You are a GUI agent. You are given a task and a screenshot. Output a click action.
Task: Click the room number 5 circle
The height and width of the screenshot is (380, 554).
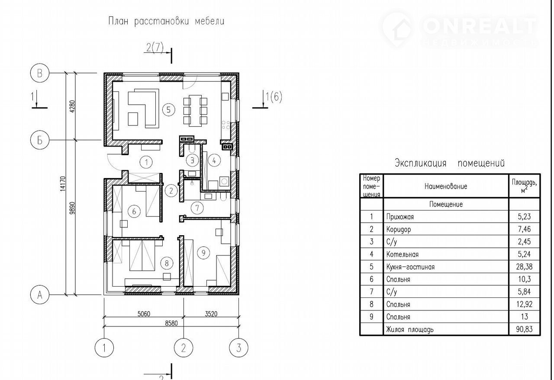coord(169,110)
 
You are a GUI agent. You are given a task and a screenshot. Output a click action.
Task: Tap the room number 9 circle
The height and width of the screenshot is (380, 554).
coord(203,253)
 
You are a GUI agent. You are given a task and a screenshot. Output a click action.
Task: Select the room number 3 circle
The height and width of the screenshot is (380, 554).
coord(192,160)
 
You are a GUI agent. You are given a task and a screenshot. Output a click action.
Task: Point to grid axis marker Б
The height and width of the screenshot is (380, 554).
coord(39,140)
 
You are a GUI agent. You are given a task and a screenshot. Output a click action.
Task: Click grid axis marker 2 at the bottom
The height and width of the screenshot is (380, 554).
coord(183,348)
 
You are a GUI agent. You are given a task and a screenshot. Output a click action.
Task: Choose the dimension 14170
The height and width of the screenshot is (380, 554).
coord(63,184)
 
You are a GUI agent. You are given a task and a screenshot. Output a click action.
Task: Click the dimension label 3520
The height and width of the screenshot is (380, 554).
coord(211,314)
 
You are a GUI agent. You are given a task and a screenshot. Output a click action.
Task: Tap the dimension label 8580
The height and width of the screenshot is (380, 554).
coord(171,323)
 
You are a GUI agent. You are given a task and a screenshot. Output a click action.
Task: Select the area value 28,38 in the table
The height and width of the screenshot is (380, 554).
coord(524,267)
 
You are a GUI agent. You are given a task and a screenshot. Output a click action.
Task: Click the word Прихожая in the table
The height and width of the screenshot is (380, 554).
coord(400,217)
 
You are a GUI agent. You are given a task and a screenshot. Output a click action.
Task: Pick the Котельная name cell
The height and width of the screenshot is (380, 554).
coord(446,254)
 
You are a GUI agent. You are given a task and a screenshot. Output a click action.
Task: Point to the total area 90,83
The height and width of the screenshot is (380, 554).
coord(524,329)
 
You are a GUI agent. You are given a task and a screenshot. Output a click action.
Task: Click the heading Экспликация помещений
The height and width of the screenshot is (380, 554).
coord(449,163)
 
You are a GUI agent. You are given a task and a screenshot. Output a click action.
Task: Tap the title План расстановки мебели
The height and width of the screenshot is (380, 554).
coord(166,21)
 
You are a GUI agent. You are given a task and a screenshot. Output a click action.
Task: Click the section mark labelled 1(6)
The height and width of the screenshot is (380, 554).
coord(267,99)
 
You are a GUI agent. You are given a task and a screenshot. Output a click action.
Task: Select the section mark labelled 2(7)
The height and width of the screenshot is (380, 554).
coord(159,53)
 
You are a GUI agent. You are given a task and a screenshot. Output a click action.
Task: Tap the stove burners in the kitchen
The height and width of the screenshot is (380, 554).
coord(225,125)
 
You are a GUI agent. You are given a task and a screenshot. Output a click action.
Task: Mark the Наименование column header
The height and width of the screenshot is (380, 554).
coord(446,186)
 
